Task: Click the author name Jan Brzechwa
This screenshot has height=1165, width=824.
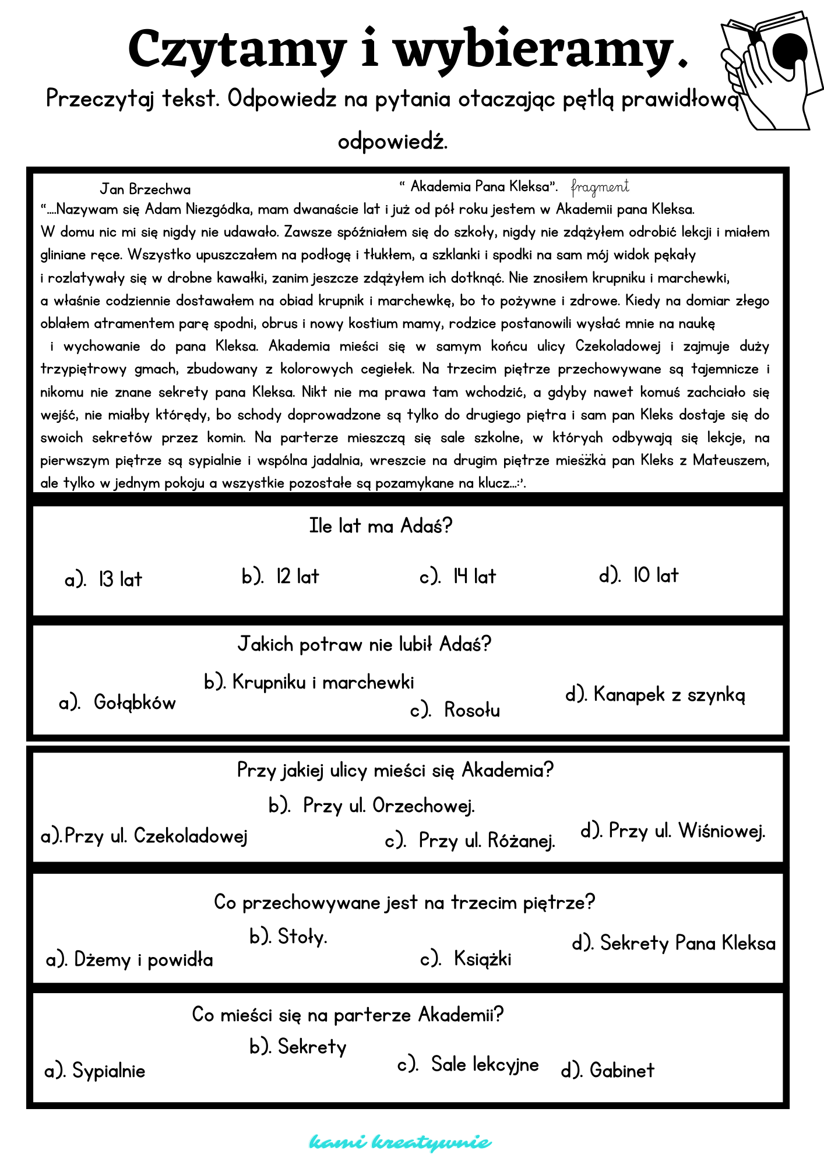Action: point(145,189)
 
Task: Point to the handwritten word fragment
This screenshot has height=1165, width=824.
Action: point(600,187)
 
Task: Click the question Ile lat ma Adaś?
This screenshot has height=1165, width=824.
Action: point(381,526)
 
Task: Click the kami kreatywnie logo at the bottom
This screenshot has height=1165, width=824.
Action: point(400,1142)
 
